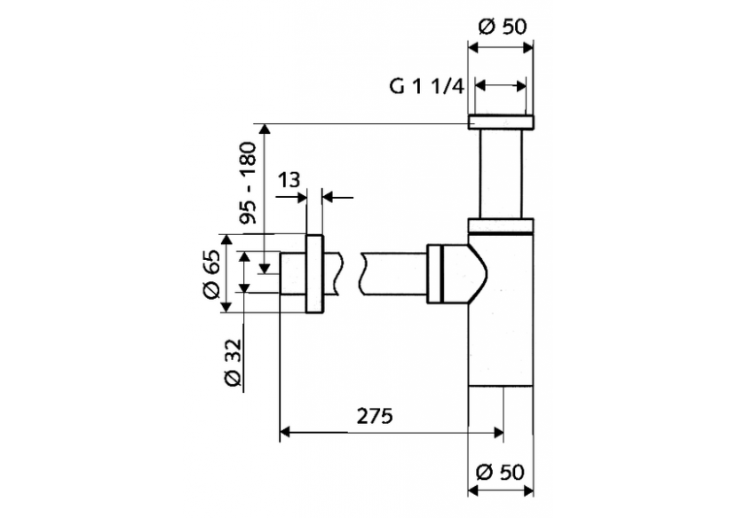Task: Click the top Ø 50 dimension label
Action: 502,26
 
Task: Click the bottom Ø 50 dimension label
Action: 502,471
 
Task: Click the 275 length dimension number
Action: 374,414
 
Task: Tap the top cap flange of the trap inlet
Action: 502,122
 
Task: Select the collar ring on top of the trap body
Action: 502,224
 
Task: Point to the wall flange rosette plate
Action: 314,274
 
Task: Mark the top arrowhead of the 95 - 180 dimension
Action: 265,130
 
